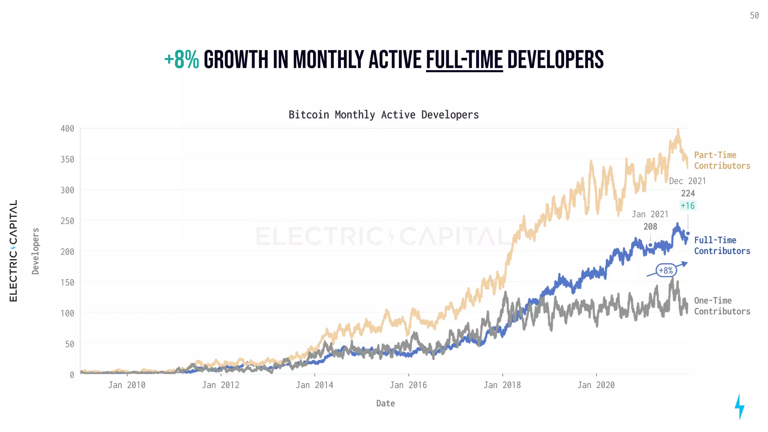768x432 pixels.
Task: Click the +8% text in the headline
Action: [x=181, y=60]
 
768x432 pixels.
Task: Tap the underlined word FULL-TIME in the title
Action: [x=464, y=60]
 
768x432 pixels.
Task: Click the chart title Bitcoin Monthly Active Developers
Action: [x=384, y=115]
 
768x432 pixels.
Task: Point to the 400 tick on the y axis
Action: [x=67, y=129]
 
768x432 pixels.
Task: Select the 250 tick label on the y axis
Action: [x=67, y=221]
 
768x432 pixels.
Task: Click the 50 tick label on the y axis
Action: [x=69, y=344]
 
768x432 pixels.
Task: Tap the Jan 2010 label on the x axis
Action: [x=127, y=385]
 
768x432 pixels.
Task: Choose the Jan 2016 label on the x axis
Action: [x=408, y=385]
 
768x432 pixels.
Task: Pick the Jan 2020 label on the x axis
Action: [x=596, y=385]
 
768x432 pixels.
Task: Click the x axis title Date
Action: [x=385, y=403]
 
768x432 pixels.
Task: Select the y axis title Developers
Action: [x=36, y=251]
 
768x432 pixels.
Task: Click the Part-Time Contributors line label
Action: [x=722, y=160]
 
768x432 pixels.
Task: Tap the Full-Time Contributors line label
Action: [x=722, y=246]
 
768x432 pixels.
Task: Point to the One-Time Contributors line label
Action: [x=722, y=306]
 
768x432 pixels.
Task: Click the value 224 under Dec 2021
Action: [x=688, y=193]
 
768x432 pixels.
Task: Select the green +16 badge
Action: [x=688, y=205]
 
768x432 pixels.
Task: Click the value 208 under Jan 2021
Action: [x=650, y=227]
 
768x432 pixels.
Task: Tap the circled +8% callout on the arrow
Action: [x=666, y=270]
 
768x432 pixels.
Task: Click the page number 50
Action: [x=754, y=16]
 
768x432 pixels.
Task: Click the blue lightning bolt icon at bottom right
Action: [x=739, y=406]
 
